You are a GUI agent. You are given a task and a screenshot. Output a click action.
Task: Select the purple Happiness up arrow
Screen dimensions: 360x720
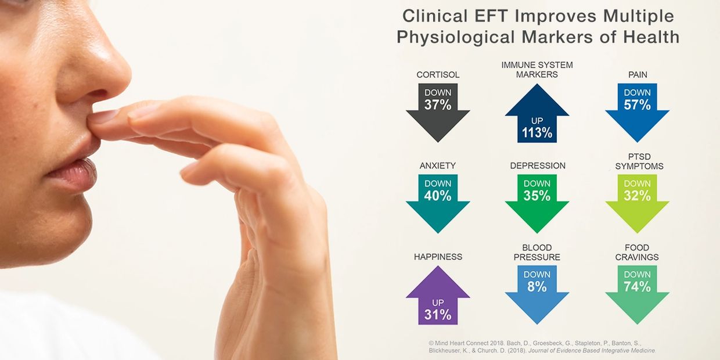tap(438, 296)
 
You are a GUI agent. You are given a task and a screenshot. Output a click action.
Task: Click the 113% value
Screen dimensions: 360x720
tap(537, 133)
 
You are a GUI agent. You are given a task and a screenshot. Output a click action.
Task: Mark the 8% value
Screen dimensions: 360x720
tap(537, 287)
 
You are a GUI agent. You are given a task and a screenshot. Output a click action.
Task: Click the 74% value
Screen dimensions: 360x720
tap(637, 287)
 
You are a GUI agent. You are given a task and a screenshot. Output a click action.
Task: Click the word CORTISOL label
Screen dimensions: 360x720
tap(438, 75)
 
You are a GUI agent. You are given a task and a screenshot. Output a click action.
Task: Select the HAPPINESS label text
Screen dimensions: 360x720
tap(438, 257)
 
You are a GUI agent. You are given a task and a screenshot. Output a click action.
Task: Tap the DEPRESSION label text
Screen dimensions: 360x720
tap(538, 165)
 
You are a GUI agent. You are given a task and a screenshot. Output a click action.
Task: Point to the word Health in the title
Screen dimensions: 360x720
tap(651, 37)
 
